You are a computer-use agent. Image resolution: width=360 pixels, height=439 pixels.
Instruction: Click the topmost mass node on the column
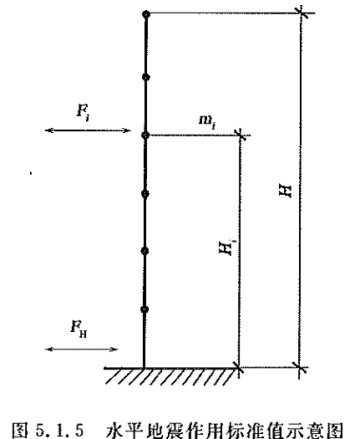[146, 14]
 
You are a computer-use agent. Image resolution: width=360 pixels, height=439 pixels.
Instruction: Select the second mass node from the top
[145, 77]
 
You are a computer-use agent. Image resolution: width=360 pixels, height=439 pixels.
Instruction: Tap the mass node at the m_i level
[145, 135]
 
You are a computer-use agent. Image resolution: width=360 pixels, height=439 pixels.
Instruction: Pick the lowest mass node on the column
[145, 309]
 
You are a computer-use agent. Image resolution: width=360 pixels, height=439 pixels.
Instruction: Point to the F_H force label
[79, 329]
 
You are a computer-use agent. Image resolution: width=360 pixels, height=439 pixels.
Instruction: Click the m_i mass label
[207, 121]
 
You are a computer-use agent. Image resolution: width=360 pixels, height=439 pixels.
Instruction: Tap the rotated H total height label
[286, 191]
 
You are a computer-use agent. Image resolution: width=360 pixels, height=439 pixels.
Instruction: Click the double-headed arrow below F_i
[88, 130]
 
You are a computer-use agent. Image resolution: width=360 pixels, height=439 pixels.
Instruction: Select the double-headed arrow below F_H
[81, 350]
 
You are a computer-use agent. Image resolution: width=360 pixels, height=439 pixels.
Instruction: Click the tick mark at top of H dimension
[301, 13]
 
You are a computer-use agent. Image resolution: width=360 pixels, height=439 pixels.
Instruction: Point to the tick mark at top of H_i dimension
[240, 135]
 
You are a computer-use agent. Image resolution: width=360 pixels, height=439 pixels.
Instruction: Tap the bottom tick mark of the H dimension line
[300, 367]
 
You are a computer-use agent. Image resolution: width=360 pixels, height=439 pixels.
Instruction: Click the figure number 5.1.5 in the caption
[59, 430]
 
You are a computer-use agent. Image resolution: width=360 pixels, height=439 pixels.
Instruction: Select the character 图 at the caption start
[20, 430]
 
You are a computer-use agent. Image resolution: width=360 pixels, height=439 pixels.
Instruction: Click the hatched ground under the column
[171, 375]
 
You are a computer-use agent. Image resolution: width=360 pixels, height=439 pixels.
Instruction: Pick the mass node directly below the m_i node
[145, 194]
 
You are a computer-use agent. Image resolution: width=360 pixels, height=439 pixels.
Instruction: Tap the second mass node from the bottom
[145, 251]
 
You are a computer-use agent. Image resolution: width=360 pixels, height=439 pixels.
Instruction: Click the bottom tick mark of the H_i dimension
[238, 367]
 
